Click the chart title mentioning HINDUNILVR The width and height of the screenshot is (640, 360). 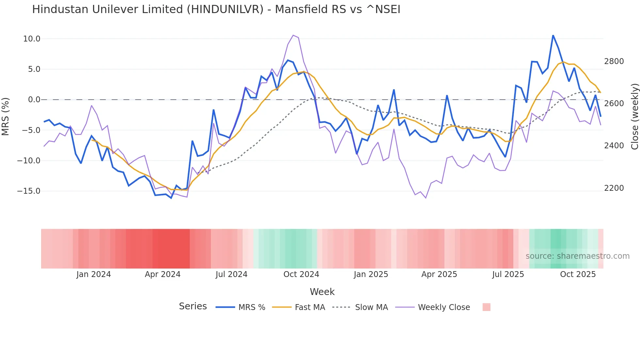(216, 9)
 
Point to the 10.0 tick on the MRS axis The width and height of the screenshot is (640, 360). (32, 39)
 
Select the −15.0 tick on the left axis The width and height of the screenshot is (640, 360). (29, 191)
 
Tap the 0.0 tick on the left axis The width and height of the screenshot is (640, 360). (34, 100)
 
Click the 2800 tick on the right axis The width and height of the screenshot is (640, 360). (614, 61)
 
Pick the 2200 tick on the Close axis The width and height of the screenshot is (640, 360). (614, 188)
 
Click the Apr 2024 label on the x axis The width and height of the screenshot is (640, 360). (163, 274)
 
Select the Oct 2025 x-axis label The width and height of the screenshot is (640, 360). (578, 274)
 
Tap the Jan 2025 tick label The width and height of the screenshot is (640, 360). (371, 274)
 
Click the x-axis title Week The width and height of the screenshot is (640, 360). (322, 292)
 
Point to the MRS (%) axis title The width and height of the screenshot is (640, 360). (6, 117)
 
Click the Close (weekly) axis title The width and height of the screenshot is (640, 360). (634, 117)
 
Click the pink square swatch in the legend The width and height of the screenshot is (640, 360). (486, 307)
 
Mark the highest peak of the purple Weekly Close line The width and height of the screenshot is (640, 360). (293, 35)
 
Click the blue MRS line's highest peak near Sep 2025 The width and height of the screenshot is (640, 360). (553, 35)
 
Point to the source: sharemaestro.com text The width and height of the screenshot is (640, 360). (577, 256)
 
